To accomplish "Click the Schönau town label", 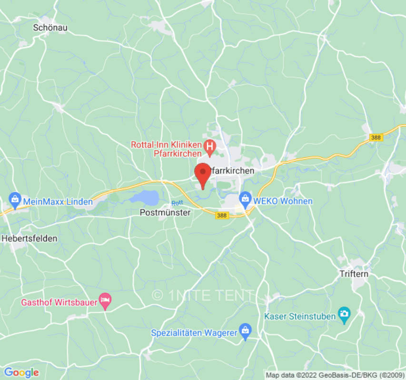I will pyautogui.click(x=50, y=28).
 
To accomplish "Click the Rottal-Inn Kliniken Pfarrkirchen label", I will pyautogui.click(x=173, y=149).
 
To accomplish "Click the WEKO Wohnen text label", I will pyautogui.click(x=283, y=201).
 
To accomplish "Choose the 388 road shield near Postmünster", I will pyautogui.click(x=222, y=216).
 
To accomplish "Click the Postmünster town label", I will pyautogui.click(x=165, y=213).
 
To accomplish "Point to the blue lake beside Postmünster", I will pyautogui.click(x=144, y=197).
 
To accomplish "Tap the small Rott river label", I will pyautogui.click(x=177, y=203).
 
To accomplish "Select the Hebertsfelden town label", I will pyautogui.click(x=29, y=238).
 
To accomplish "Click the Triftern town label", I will pyautogui.click(x=354, y=274).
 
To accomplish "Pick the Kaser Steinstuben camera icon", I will pyautogui.click(x=344, y=314).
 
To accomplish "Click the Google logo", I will pyautogui.click(x=21, y=372).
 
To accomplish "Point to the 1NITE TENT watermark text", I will pyautogui.click(x=203, y=295).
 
